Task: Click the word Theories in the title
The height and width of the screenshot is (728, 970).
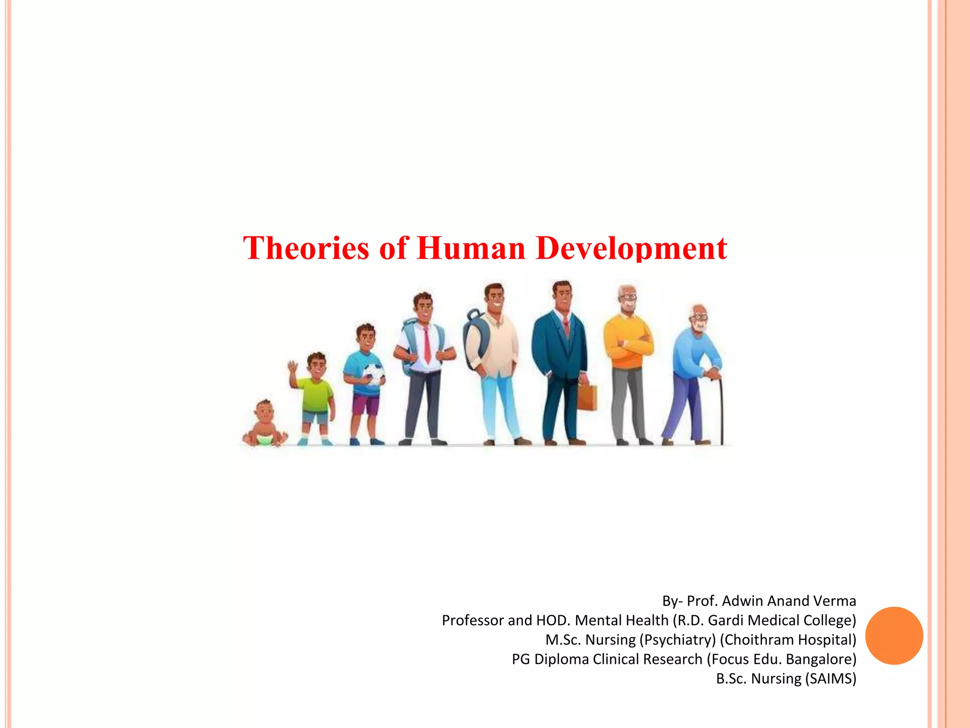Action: pyautogui.click(x=306, y=248)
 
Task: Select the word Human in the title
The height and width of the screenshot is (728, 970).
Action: pyautogui.click(x=471, y=248)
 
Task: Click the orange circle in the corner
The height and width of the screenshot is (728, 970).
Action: pyautogui.click(x=894, y=636)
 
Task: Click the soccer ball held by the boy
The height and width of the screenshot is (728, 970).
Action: pyautogui.click(x=375, y=374)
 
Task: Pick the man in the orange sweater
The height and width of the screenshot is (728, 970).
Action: pyautogui.click(x=628, y=360)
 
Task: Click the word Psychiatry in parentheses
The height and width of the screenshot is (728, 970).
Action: pyautogui.click(x=678, y=640)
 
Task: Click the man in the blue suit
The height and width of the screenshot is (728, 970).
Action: pyautogui.click(x=560, y=360)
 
